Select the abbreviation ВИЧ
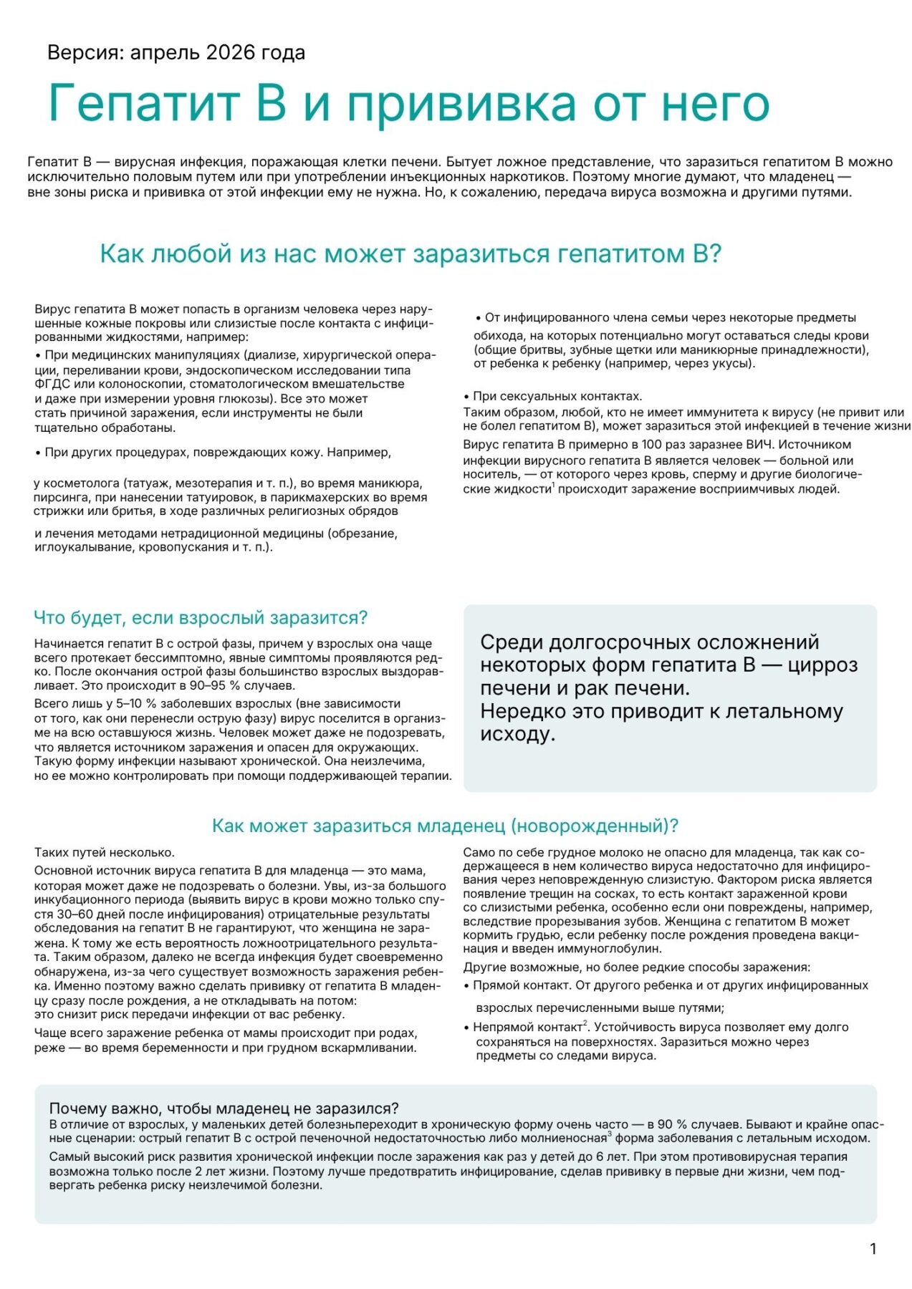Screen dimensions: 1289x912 pyautogui.click(x=759, y=444)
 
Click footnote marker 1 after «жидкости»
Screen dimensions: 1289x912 pyautogui.click(x=553, y=486)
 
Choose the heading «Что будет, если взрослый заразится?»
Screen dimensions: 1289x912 pyautogui.click(x=201, y=617)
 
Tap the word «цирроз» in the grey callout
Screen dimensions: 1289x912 pyautogui.click(x=822, y=665)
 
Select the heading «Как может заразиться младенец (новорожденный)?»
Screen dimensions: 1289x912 pyautogui.click(x=445, y=826)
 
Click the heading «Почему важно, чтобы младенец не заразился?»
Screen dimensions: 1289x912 pyautogui.click(x=224, y=1109)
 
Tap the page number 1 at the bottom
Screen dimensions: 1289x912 pyautogui.click(x=873, y=1249)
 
